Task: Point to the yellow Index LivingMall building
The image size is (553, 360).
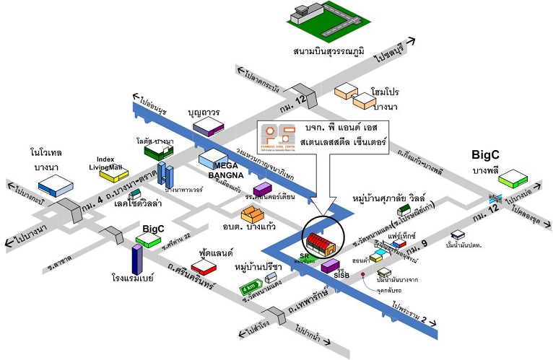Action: [x=113, y=173]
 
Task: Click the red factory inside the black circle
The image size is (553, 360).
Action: [x=320, y=244]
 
